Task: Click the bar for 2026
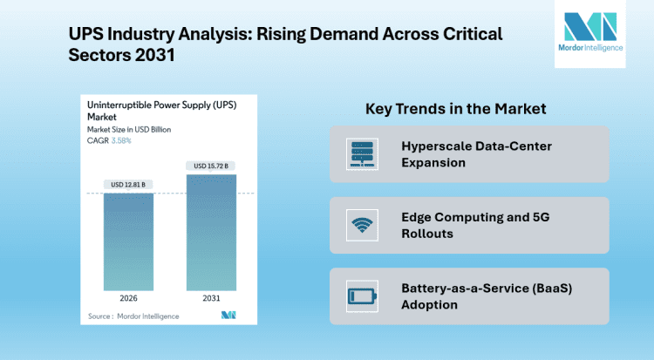128,241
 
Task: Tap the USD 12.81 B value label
129,184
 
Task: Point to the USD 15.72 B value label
211,166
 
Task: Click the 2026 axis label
128,298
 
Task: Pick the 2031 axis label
211,298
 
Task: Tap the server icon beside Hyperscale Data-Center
359,153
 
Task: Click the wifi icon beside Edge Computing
359,225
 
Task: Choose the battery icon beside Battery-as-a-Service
359,295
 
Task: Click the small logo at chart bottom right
229,314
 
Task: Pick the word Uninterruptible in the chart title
120,105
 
